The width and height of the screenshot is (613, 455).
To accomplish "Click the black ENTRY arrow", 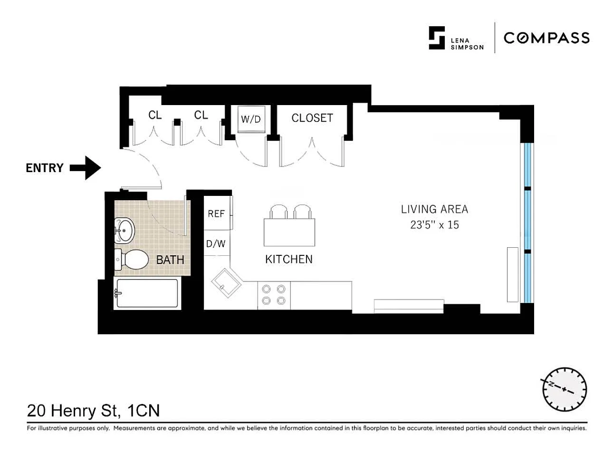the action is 86,168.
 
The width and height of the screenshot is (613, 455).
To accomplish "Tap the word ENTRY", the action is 45,168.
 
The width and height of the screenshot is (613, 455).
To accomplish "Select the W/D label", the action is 251,119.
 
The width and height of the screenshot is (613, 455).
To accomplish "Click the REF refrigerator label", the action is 216,213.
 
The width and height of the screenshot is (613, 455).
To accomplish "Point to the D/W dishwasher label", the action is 216,244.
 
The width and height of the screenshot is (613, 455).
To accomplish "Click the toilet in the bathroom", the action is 132,260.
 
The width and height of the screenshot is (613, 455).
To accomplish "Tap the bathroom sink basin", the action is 125,231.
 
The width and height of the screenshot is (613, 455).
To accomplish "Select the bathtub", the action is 147,293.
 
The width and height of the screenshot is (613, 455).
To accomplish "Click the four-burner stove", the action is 274,295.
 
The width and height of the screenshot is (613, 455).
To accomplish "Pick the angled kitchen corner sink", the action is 226,283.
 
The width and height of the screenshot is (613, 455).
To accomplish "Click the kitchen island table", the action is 289,232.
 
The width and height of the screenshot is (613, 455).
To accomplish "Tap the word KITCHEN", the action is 289,260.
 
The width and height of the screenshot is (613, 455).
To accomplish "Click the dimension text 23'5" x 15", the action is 434,224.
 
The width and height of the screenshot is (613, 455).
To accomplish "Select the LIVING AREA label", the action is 434,209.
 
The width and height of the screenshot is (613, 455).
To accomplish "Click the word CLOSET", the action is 312,118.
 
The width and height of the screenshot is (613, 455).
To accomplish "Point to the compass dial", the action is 565,389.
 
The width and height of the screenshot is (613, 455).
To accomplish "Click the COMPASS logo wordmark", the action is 546,38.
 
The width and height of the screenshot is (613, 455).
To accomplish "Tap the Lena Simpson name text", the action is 467,44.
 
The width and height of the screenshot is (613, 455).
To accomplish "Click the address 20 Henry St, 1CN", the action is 94,411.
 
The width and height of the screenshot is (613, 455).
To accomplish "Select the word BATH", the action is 170,260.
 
